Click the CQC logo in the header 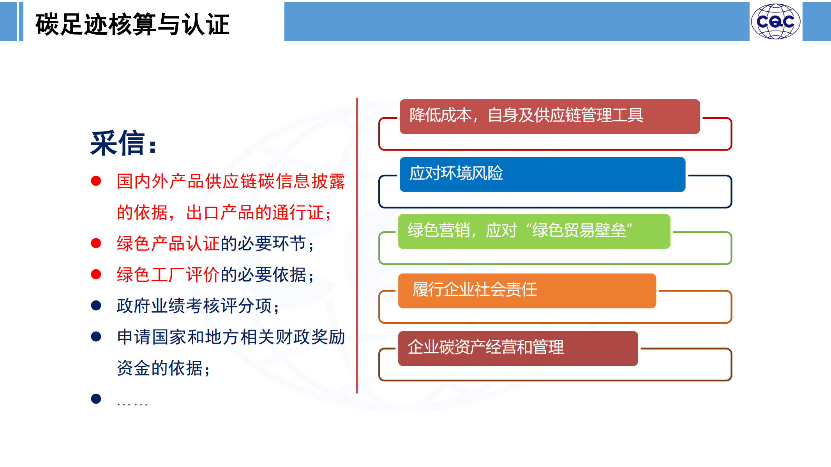pyautogui.click(x=776, y=21)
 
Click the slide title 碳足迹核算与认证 pyautogui.click(x=132, y=24)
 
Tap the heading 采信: pyautogui.click(x=124, y=143)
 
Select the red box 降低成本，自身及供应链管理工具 pyautogui.click(x=550, y=116)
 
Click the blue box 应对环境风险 pyautogui.click(x=542, y=174)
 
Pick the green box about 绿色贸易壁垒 pyautogui.click(x=534, y=231)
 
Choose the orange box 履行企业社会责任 pyautogui.click(x=527, y=291)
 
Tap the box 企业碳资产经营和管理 pyautogui.click(x=518, y=348)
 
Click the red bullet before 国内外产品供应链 pyautogui.click(x=96, y=181)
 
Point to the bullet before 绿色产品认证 pyautogui.click(x=96, y=243)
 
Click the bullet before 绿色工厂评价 pyautogui.click(x=96, y=274)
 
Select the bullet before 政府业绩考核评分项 pyautogui.click(x=96, y=305)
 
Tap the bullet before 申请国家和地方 pyautogui.click(x=96, y=337)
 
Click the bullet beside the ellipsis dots pyautogui.click(x=96, y=399)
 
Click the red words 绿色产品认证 pyautogui.click(x=168, y=244)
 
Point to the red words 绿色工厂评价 pyautogui.click(x=168, y=275)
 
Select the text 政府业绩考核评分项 pyautogui.click(x=194, y=306)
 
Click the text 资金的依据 pyautogui.click(x=160, y=368)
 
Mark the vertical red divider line pyautogui.click(x=357, y=245)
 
